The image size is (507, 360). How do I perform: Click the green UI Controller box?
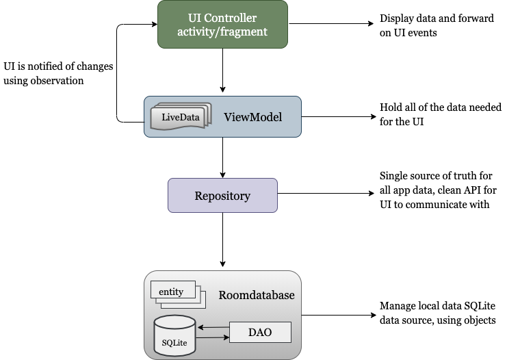click(x=222, y=24)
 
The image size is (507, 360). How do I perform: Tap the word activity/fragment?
click(x=222, y=31)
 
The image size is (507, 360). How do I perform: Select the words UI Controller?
click(x=222, y=16)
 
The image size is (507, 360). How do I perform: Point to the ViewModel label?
click(x=252, y=117)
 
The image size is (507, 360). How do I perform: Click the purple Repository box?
click(x=222, y=196)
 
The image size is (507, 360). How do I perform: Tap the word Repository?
click(x=222, y=196)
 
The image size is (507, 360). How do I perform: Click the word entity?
click(x=171, y=292)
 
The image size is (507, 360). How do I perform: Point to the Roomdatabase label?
click(x=257, y=295)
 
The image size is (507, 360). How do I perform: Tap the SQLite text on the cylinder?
click(x=175, y=342)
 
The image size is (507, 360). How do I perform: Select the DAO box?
click(x=259, y=333)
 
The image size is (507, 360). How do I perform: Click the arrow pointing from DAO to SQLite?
click(x=213, y=328)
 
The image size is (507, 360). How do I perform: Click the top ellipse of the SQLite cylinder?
click(x=175, y=321)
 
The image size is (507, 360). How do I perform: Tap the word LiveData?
click(x=181, y=117)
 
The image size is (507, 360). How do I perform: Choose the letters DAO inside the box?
click(x=259, y=333)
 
